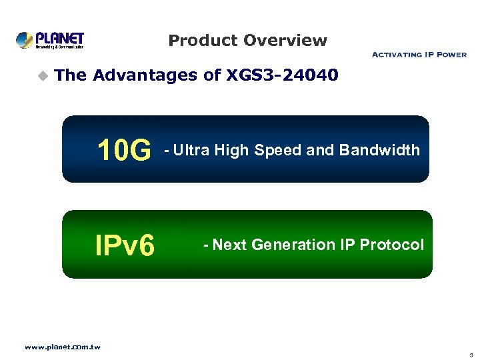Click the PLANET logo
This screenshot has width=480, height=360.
tap(51, 40)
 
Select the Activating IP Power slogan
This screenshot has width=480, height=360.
tap(419, 55)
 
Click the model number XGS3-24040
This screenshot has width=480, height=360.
tap(283, 76)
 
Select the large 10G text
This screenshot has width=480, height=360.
tap(124, 151)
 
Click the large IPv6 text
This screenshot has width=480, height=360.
tap(125, 245)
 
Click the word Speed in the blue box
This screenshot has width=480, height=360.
tap(277, 150)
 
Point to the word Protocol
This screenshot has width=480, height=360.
tap(391, 245)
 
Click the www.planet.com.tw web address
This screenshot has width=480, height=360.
tap(62, 347)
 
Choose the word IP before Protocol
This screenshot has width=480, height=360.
tap(347, 245)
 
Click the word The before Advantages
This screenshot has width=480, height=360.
tap(71, 76)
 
